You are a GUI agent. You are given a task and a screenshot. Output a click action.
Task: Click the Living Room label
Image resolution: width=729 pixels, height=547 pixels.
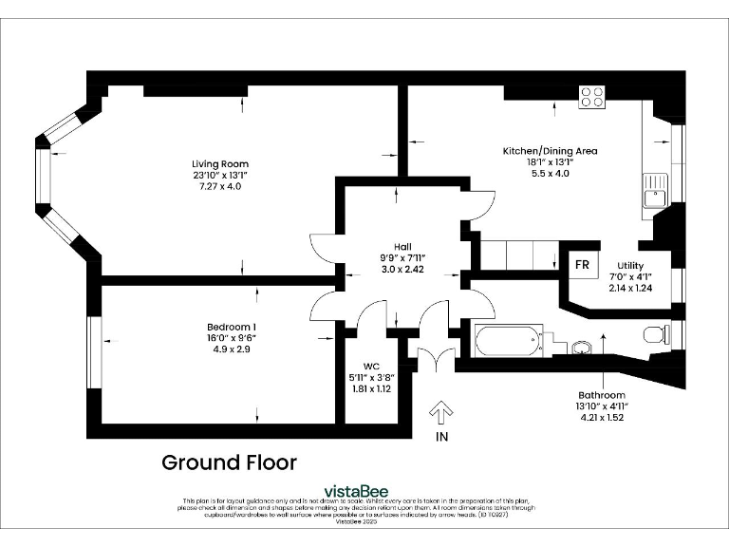click(x=220, y=164)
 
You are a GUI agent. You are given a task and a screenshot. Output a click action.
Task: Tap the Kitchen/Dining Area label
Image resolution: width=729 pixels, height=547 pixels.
click(x=550, y=151)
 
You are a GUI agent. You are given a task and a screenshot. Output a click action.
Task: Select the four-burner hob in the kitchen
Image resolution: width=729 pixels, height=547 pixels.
click(x=592, y=96)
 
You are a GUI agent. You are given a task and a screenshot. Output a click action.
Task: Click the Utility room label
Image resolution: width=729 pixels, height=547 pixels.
click(x=630, y=266)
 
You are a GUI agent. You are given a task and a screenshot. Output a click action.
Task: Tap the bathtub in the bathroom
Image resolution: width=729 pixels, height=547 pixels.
click(x=508, y=341)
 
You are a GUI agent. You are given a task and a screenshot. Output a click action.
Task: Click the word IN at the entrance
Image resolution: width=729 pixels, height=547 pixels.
click(x=440, y=437)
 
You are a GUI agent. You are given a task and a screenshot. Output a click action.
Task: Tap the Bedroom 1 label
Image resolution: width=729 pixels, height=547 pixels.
click(x=232, y=327)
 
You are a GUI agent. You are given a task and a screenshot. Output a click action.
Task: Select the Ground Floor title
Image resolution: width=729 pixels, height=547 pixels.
click(x=229, y=462)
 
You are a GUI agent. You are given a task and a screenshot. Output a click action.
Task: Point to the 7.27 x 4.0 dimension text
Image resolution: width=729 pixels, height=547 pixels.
click(x=220, y=186)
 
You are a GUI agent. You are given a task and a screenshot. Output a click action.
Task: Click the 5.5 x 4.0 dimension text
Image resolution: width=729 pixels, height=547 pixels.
click(x=550, y=173)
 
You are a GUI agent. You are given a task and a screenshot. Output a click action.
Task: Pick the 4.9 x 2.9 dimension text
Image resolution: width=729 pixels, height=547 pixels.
click(x=232, y=349)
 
